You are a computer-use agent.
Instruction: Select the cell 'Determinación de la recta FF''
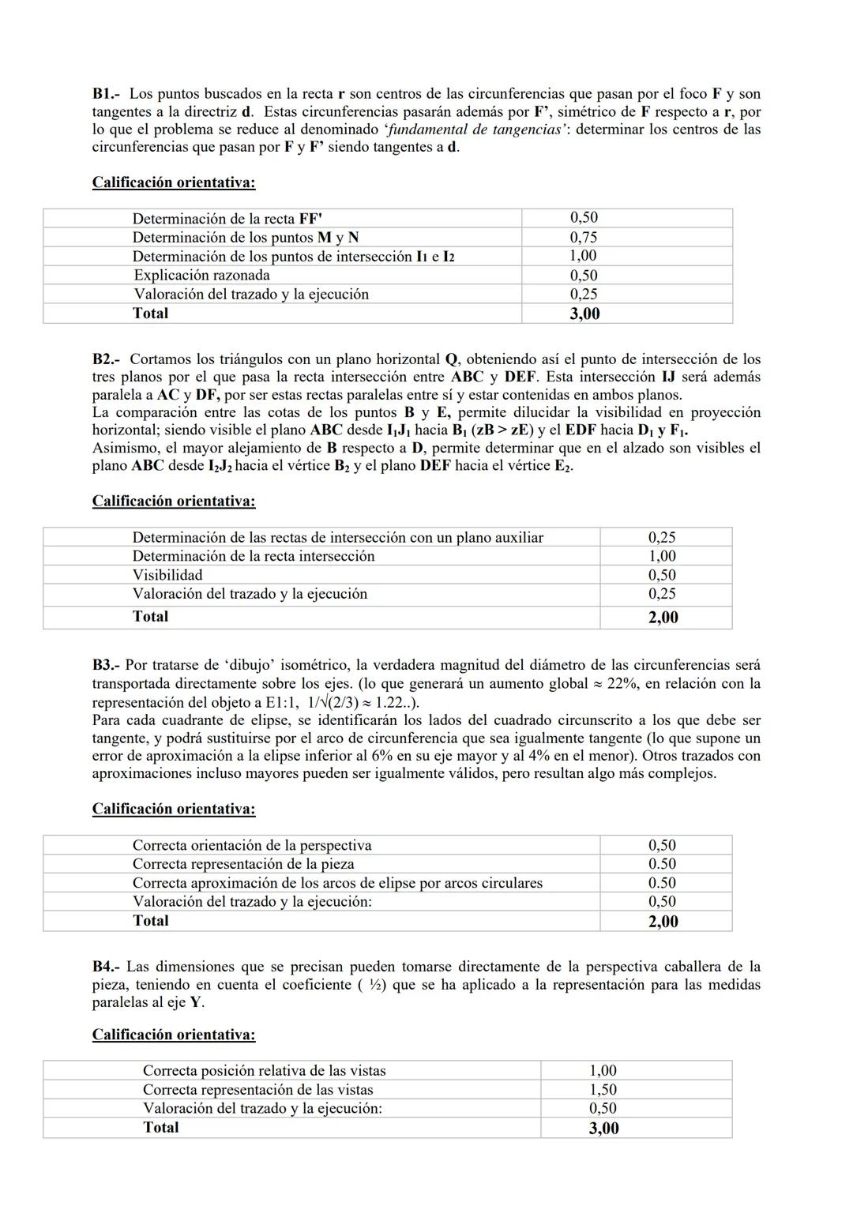coord(227,219)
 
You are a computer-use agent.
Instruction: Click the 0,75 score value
coord(584,237)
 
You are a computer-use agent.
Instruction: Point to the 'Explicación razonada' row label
coord(201,275)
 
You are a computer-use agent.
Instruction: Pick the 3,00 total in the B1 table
coord(584,314)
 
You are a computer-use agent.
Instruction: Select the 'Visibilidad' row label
coord(167,575)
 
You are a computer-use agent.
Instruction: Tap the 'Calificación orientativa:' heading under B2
coord(174,501)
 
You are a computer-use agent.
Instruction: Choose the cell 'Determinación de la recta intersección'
coord(254,556)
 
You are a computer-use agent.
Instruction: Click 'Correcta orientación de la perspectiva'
coord(252,845)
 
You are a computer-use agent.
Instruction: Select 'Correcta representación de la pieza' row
coord(243,864)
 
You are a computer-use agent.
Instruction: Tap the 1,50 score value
coord(603,1090)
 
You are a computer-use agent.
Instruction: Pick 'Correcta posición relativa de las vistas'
coord(265,1071)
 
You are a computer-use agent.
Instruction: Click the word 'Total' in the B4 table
coord(161,1128)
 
